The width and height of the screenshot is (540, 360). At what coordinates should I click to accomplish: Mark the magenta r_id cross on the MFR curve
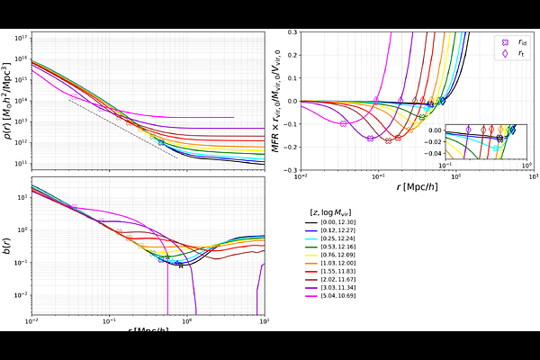[x=344, y=123]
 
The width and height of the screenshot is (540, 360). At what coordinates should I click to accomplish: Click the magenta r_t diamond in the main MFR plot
[x=376, y=101]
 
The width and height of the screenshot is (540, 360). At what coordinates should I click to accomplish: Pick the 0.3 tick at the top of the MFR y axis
[x=292, y=31]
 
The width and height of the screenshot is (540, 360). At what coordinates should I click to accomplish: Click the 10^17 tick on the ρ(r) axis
[x=22, y=37]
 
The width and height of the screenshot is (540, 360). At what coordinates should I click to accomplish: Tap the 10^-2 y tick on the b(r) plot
[x=22, y=295]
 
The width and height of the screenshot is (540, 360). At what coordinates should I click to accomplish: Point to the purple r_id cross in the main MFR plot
[x=370, y=138]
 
